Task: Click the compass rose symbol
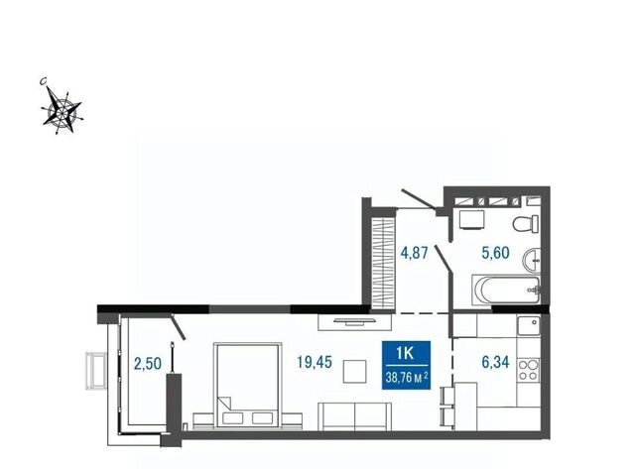[62, 110]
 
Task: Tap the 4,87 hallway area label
[414, 253]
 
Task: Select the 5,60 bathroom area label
[495, 253]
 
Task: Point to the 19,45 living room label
[315, 362]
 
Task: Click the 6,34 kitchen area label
[495, 362]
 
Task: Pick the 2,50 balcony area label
[148, 363]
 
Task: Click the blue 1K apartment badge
[406, 365]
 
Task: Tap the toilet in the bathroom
[526, 224]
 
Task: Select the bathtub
[506, 291]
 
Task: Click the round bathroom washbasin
[532, 260]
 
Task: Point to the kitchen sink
[529, 326]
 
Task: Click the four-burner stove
[529, 370]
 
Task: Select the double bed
[248, 385]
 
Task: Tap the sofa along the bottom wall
[355, 416]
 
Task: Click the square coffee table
[355, 372]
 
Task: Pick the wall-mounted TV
[355, 321]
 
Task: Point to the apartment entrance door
[419, 199]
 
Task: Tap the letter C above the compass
[44, 81]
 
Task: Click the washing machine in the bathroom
[472, 220]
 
